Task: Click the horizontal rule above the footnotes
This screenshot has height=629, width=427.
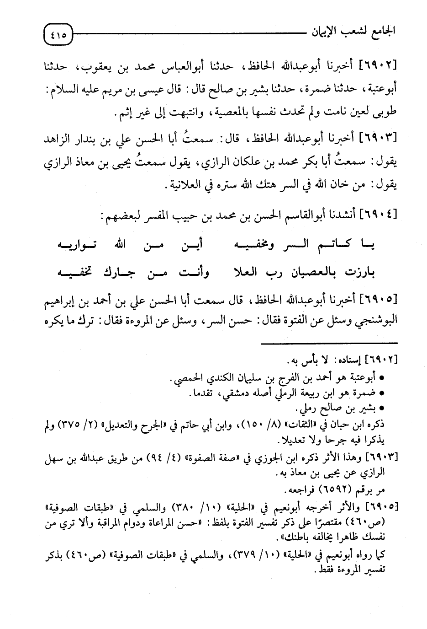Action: point(329,343)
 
